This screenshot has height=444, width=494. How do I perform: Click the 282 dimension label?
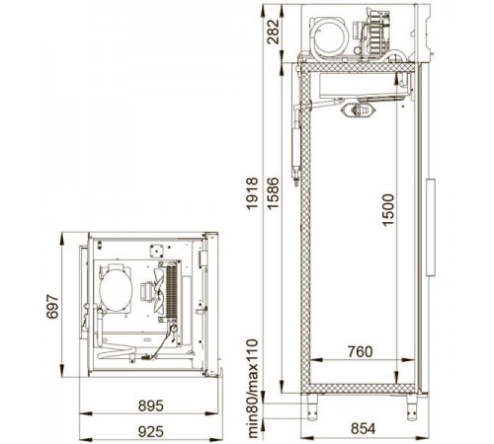pyautogui.click(x=273, y=32)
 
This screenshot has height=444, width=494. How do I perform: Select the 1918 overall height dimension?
pyautogui.click(x=253, y=193)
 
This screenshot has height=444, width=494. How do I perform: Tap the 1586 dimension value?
pyautogui.click(x=273, y=193)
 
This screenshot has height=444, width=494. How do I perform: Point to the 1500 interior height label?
pyautogui.click(x=388, y=210)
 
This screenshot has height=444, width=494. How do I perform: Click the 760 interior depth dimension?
pyautogui.click(x=360, y=351)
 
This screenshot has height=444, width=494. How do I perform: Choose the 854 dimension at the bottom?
pyautogui.click(x=363, y=428)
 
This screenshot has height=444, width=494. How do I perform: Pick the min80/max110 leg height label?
pyautogui.click(x=253, y=389)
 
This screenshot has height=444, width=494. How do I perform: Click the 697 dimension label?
pyautogui.click(x=52, y=307)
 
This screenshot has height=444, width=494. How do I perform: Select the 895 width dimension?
pyautogui.click(x=151, y=406)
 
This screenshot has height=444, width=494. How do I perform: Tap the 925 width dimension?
pyautogui.click(x=151, y=431)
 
